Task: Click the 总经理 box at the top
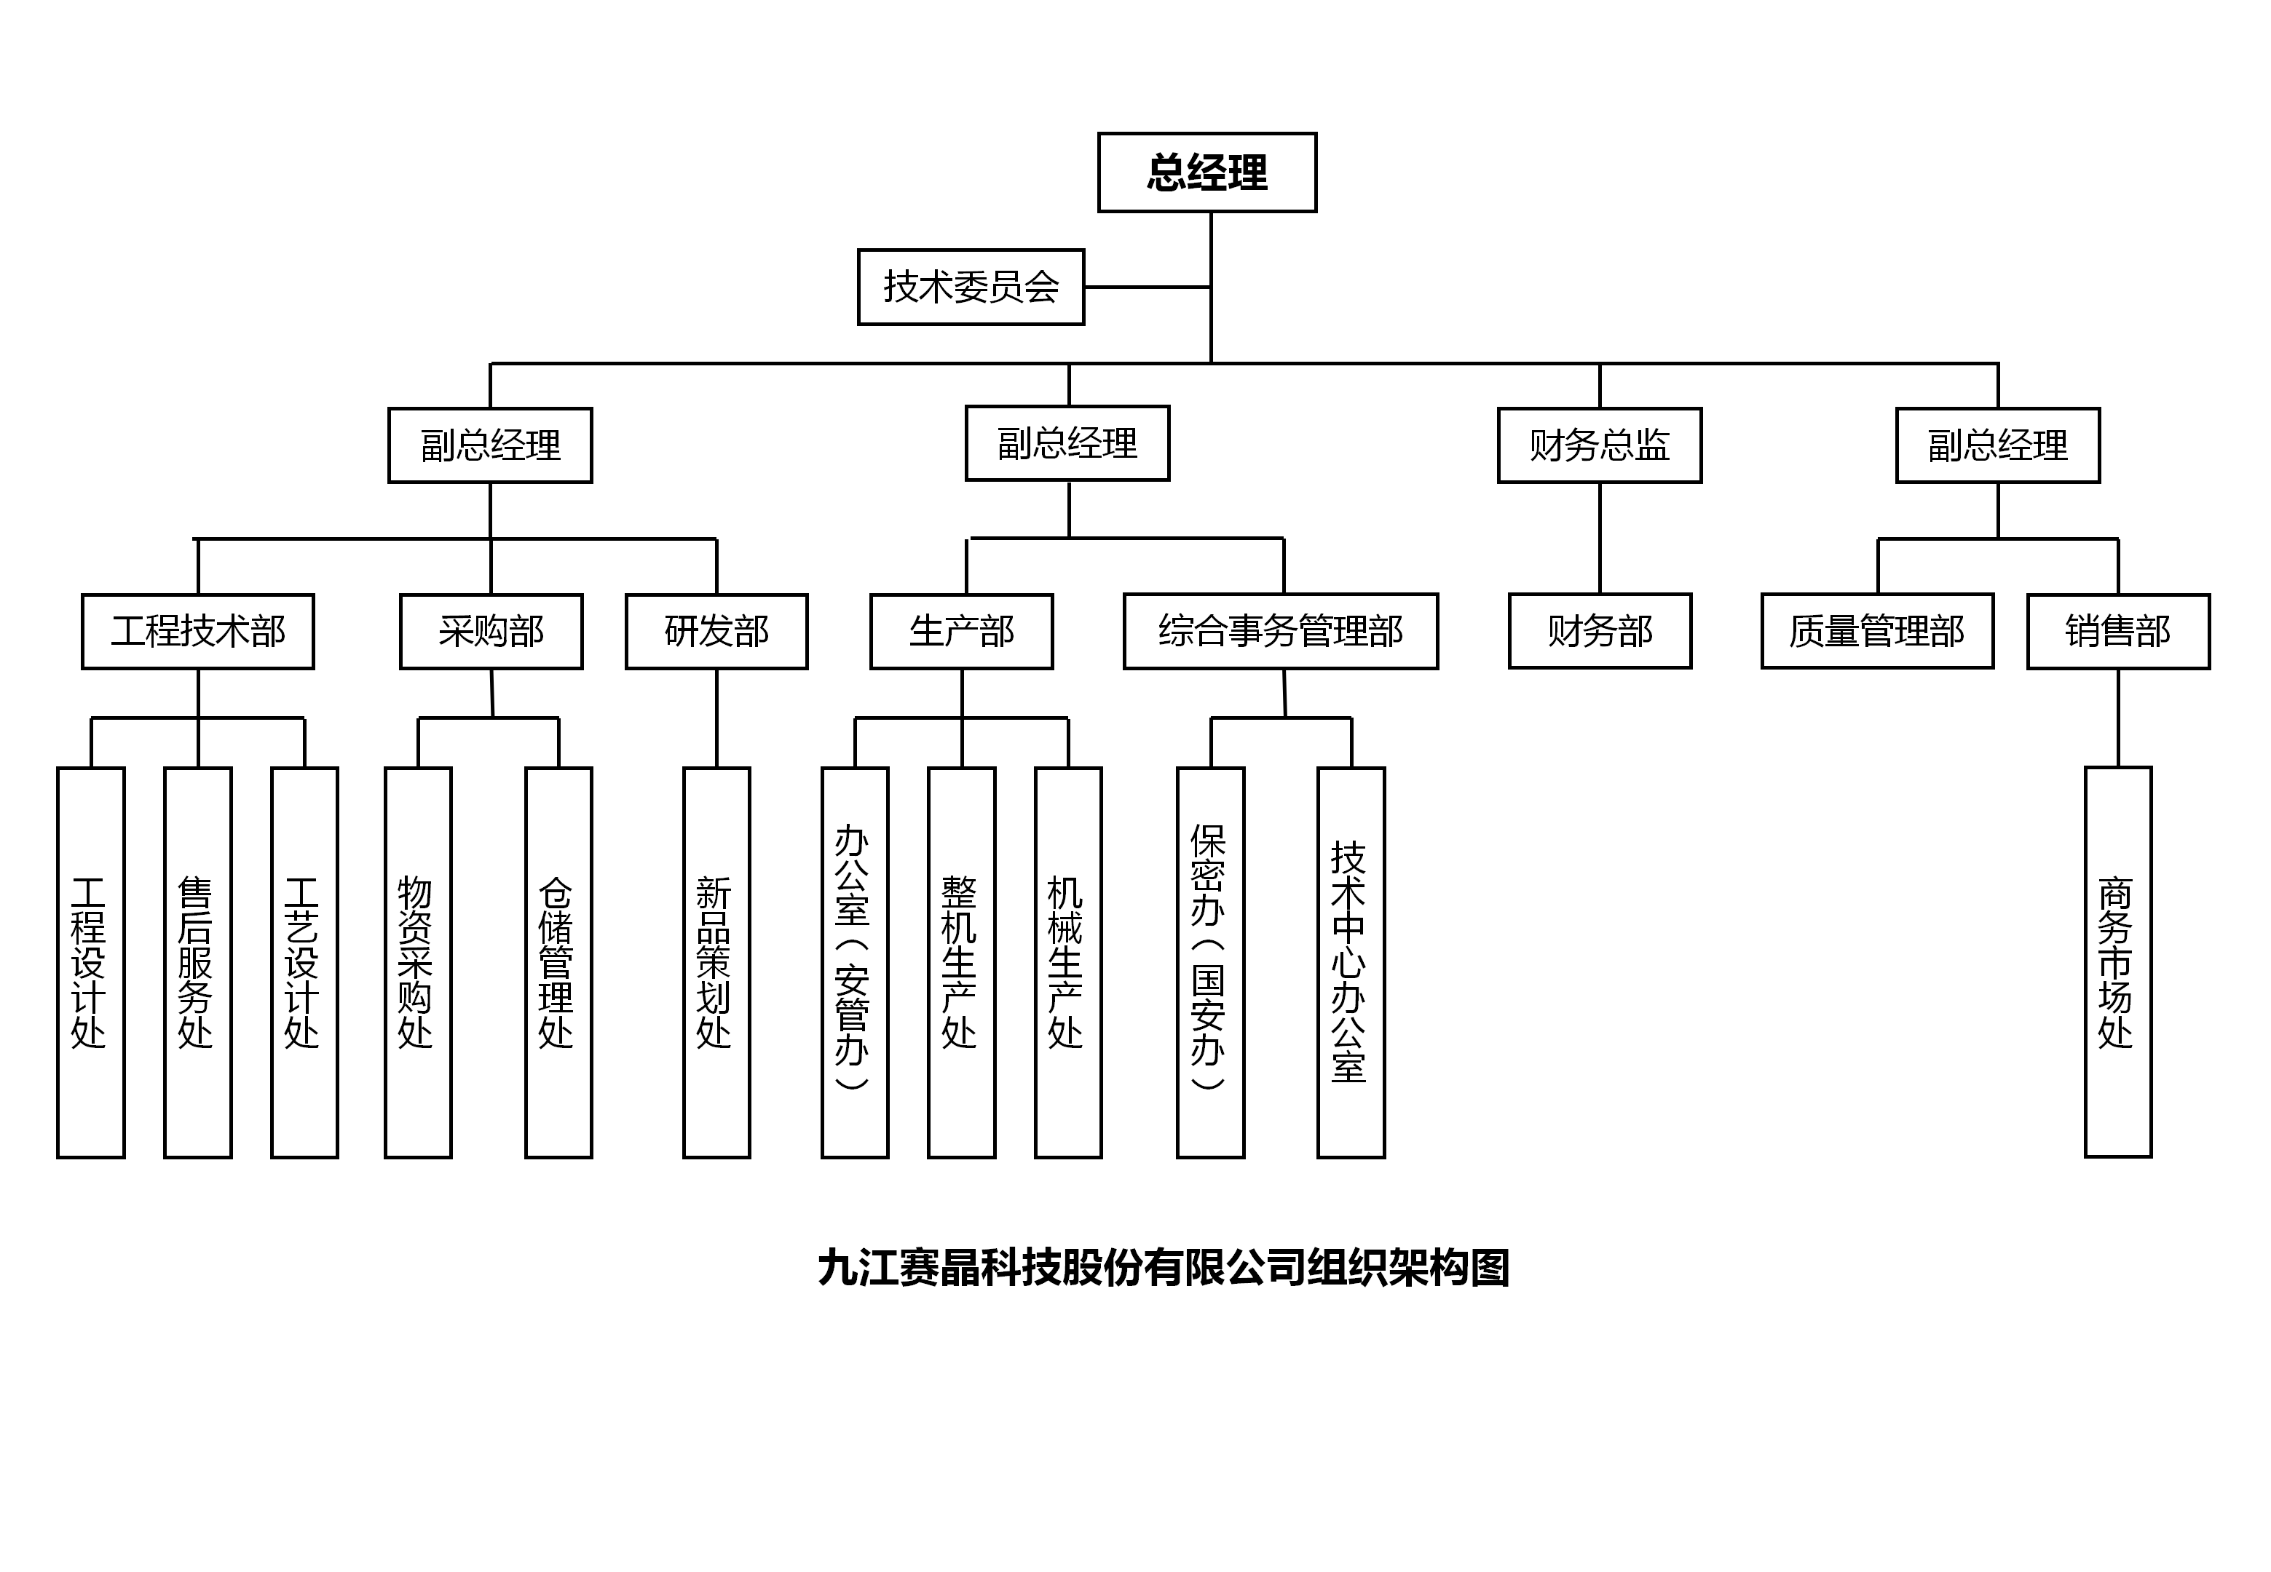pyautogui.click(x=1207, y=172)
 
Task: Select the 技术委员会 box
pyautogui.click(x=971, y=287)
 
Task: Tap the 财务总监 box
pyautogui.click(x=1599, y=445)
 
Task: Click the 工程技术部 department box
pyautogui.click(x=198, y=632)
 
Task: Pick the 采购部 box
pyautogui.click(x=491, y=632)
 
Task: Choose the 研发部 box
pyautogui.click(x=716, y=632)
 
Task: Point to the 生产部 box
pyautogui.click(x=962, y=632)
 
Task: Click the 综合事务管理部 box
pyautogui.click(x=1281, y=632)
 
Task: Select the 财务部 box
pyautogui.click(x=1599, y=632)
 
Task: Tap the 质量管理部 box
pyautogui.click(x=1877, y=632)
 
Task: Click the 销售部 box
pyautogui.click(x=2118, y=632)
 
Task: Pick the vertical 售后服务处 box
pyautogui.click(x=198, y=962)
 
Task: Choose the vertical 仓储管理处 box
pyautogui.click(x=558, y=962)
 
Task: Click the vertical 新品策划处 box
pyautogui.click(x=716, y=962)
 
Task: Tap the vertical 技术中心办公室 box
pyautogui.click(x=1351, y=962)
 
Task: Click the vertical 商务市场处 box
pyautogui.click(x=2118, y=962)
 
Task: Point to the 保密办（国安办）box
pyautogui.click(x=1211, y=962)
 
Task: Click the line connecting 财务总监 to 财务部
pyautogui.click(x=1599, y=538)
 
